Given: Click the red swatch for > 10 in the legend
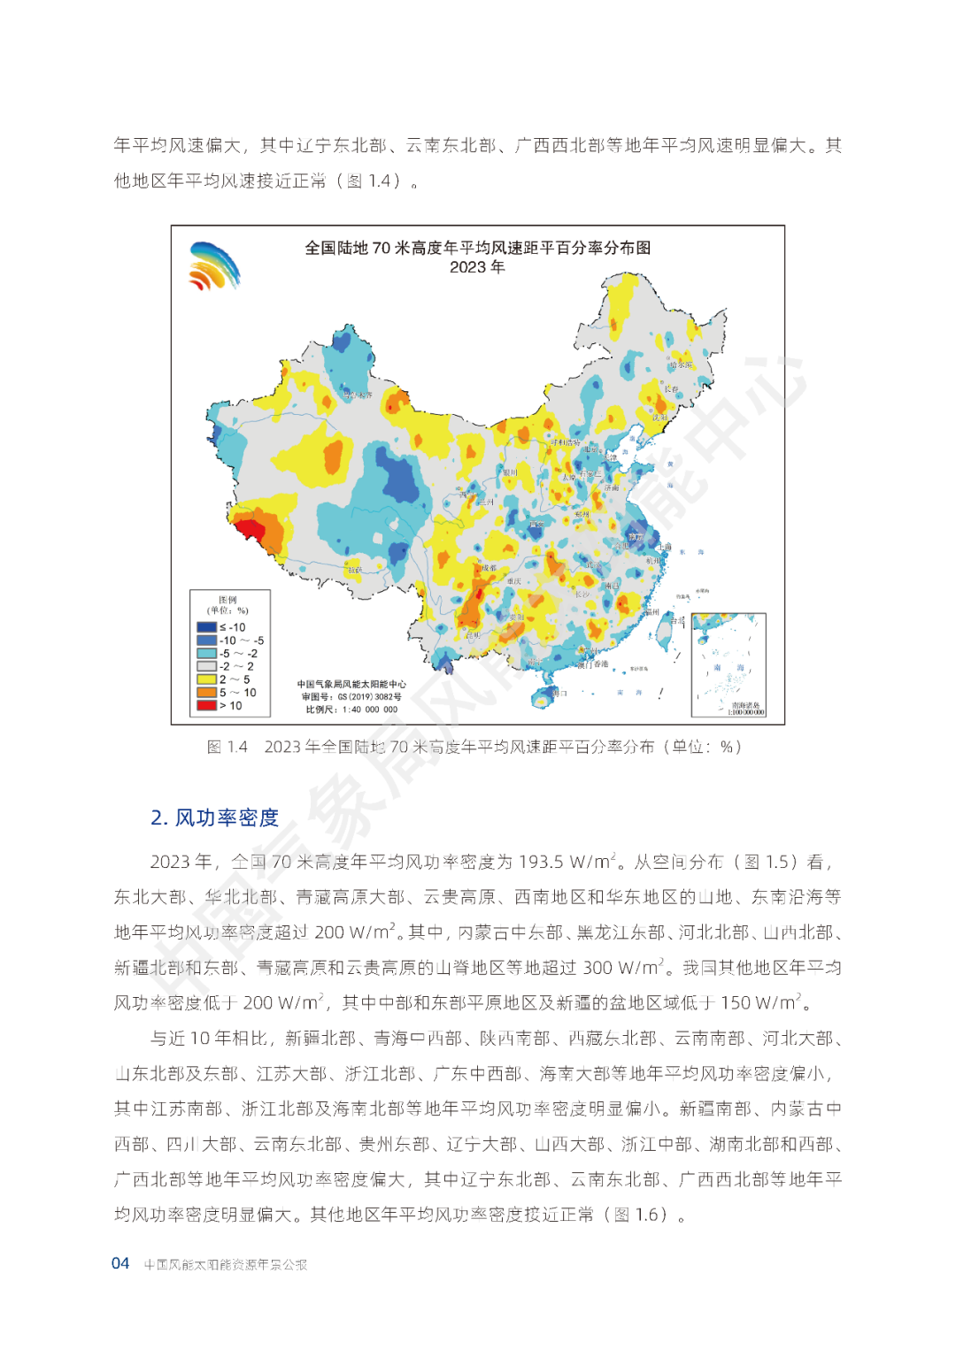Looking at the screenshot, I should pyautogui.click(x=206, y=705).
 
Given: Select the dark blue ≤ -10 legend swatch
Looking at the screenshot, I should pyautogui.click(x=206, y=627).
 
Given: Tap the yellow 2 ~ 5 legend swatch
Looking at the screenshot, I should pyautogui.click(x=206, y=679).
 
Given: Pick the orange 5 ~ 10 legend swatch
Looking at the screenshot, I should pyautogui.click(x=206, y=693).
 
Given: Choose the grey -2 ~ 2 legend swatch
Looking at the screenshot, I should pyautogui.click(x=206, y=666).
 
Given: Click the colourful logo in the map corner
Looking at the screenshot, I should pyautogui.click(x=214, y=266).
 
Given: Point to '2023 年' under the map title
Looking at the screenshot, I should pyautogui.click(x=477, y=267).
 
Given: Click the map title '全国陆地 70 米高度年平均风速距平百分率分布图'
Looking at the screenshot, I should pyautogui.click(x=477, y=248).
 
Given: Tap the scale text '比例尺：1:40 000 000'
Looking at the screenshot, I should pyautogui.click(x=351, y=710).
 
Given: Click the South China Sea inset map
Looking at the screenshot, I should pyautogui.click(x=729, y=664).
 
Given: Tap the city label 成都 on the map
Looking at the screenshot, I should pyautogui.click(x=489, y=568).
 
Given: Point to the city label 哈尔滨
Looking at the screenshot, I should pyautogui.click(x=681, y=364).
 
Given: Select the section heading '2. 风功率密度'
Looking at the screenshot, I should pyautogui.click(x=214, y=817).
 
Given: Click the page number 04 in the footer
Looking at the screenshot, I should pyautogui.click(x=120, y=1263).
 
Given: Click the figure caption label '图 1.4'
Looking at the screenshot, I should pyautogui.click(x=227, y=747).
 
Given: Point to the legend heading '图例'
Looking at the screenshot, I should pyautogui.click(x=227, y=600).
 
